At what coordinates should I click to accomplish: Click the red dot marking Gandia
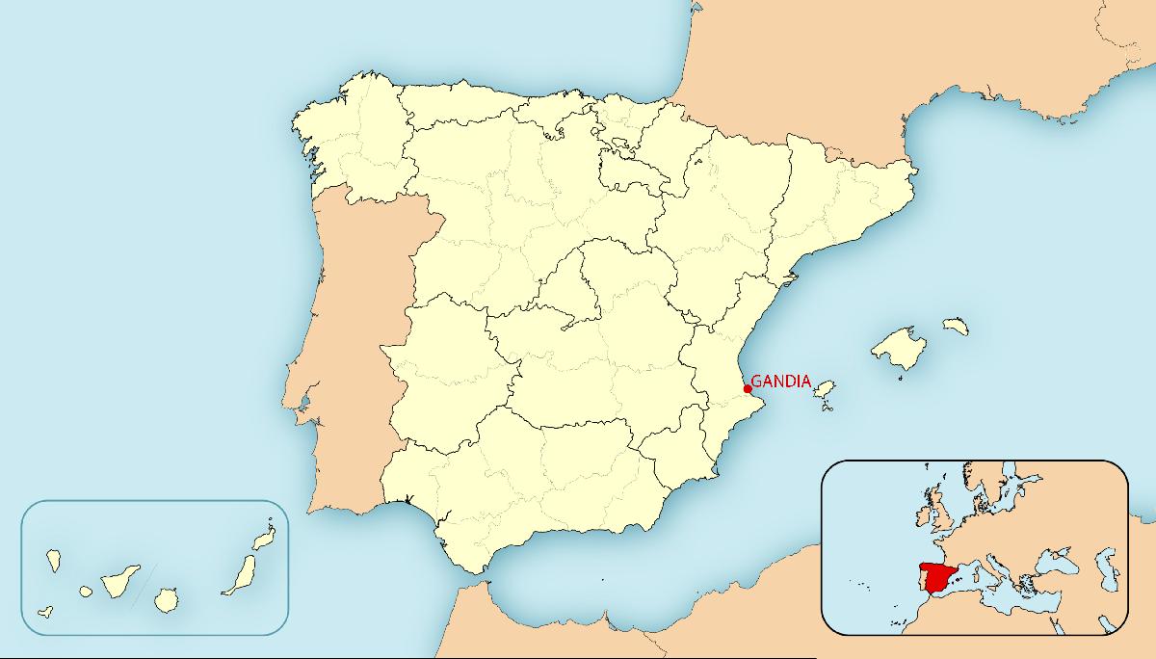tap(748, 388)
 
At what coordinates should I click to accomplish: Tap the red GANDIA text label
tap(780, 381)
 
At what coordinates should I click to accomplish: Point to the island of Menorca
tap(955, 327)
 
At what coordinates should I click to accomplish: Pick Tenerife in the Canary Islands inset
tap(121, 581)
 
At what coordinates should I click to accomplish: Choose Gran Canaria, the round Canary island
tap(167, 599)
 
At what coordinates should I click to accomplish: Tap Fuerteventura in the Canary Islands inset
tap(239, 574)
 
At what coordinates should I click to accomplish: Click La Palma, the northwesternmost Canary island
tap(54, 558)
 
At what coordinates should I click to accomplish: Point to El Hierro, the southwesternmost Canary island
tap(44, 611)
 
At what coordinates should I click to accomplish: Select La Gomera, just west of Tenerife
tap(86, 591)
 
